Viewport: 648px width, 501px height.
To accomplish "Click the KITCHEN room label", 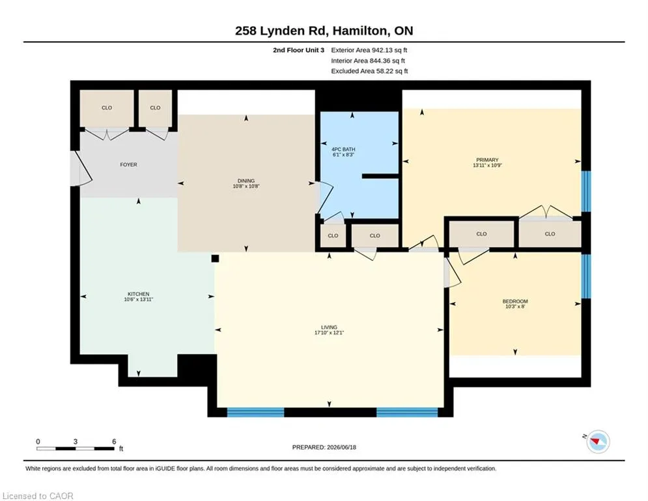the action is tap(139, 294).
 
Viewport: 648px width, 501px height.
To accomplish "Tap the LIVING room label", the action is tap(329, 327).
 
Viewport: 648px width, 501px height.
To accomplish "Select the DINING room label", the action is tap(246, 181).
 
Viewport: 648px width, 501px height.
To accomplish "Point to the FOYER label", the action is tap(128, 165).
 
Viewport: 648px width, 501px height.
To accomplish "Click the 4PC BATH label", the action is tap(343, 149).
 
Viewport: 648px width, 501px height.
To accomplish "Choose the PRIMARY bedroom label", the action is tap(487, 160).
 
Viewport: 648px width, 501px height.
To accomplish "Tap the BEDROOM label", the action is tap(515, 301).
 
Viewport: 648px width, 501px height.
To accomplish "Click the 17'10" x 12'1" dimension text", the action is tap(329, 333).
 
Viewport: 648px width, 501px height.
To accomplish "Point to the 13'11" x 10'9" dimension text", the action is tap(487, 165).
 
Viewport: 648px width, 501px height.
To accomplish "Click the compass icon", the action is tap(598, 442).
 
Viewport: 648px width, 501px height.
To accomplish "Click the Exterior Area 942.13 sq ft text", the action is tap(369, 50).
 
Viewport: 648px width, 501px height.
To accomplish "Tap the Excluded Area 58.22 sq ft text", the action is tap(369, 71).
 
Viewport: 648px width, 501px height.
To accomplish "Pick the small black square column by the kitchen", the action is tap(215, 259).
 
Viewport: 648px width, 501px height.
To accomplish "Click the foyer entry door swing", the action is tap(81, 168).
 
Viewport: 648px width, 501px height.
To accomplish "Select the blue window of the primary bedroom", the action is tap(586, 191).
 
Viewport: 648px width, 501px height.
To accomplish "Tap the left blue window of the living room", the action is tap(255, 412).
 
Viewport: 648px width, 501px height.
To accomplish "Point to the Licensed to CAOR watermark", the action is tap(38, 496).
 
